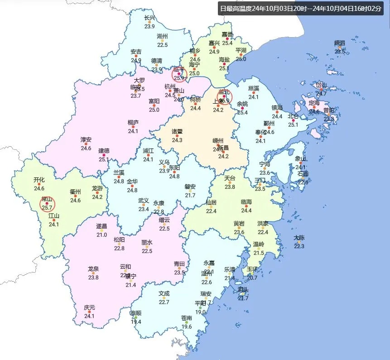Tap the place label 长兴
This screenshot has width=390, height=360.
coord(149,18)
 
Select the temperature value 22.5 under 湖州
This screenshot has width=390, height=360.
coord(162,45)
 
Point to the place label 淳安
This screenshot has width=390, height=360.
coord(86,139)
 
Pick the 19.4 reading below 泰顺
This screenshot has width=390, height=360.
coord(136,322)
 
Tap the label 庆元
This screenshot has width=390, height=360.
coord(90,308)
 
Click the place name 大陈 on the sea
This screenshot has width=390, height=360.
coord(299,238)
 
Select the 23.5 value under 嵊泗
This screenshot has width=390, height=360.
coord(340,51)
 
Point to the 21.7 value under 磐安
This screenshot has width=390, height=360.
coord(190,195)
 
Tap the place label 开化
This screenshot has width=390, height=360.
coord(39,180)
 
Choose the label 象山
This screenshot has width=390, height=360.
coord(301,159)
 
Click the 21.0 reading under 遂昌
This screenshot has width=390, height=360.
coord(101,235)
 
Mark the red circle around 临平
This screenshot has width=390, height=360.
coord(180,74)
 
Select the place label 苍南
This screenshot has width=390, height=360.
coord(186,318)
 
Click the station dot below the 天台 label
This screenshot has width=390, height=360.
coord(230,183)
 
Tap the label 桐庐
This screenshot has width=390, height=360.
coord(133,122)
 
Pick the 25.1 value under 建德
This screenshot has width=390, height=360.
coord(104,159)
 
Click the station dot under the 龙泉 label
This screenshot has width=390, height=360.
coord(93,273)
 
